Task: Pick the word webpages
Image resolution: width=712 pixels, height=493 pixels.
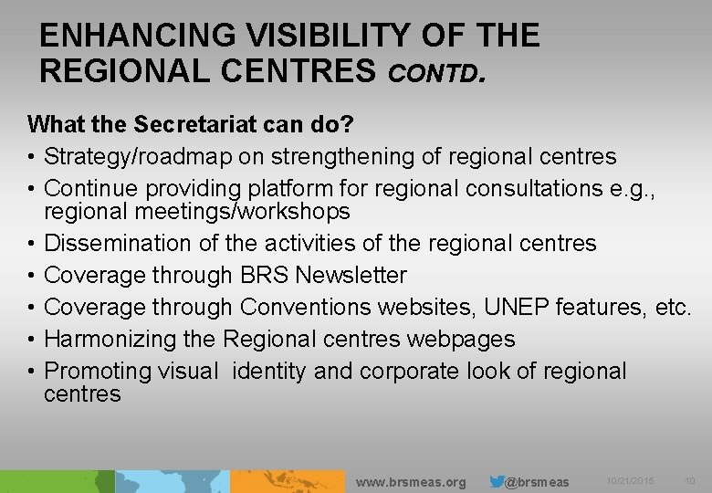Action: pyautogui.click(x=462, y=339)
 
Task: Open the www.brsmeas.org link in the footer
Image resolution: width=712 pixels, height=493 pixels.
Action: pyautogui.click(x=410, y=482)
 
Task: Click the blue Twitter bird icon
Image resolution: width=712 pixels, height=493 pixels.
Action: pyautogui.click(x=497, y=481)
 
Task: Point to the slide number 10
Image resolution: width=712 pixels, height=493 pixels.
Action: pyautogui.click(x=689, y=481)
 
